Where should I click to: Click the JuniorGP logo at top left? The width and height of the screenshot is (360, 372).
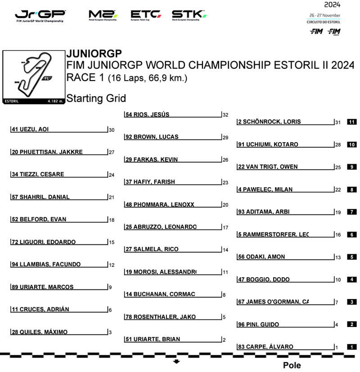click(x=40, y=16)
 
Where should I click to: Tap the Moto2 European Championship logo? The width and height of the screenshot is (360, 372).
click(x=103, y=16)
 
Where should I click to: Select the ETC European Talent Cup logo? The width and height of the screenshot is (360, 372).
click(x=145, y=16)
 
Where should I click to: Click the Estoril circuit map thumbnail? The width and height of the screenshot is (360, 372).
click(x=34, y=77)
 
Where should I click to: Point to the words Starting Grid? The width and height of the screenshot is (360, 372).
click(x=96, y=99)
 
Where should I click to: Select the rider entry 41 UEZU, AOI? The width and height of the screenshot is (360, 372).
click(x=30, y=130)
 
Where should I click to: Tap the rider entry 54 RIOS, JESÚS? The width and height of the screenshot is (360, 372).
click(x=148, y=115)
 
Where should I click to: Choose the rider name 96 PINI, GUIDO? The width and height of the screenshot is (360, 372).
click(x=259, y=324)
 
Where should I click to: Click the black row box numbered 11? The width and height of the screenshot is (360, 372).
click(x=352, y=122)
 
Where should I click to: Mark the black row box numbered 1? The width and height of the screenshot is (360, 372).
click(x=352, y=347)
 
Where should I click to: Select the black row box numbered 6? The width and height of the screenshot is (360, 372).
click(x=352, y=234)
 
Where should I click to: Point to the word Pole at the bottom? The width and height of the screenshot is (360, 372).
click(x=292, y=365)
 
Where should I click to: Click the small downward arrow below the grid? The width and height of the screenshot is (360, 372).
click(x=176, y=361)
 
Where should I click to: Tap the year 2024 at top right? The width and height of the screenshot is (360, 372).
click(x=332, y=5)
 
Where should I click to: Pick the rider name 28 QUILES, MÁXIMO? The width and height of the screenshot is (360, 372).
click(x=40, y=332)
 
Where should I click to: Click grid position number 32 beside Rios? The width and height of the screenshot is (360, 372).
click(x=225, y=115)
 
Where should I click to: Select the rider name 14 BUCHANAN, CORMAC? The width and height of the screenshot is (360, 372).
click(x=161, y=295)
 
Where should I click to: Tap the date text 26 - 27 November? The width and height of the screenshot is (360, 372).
click(x=324, y=16)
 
